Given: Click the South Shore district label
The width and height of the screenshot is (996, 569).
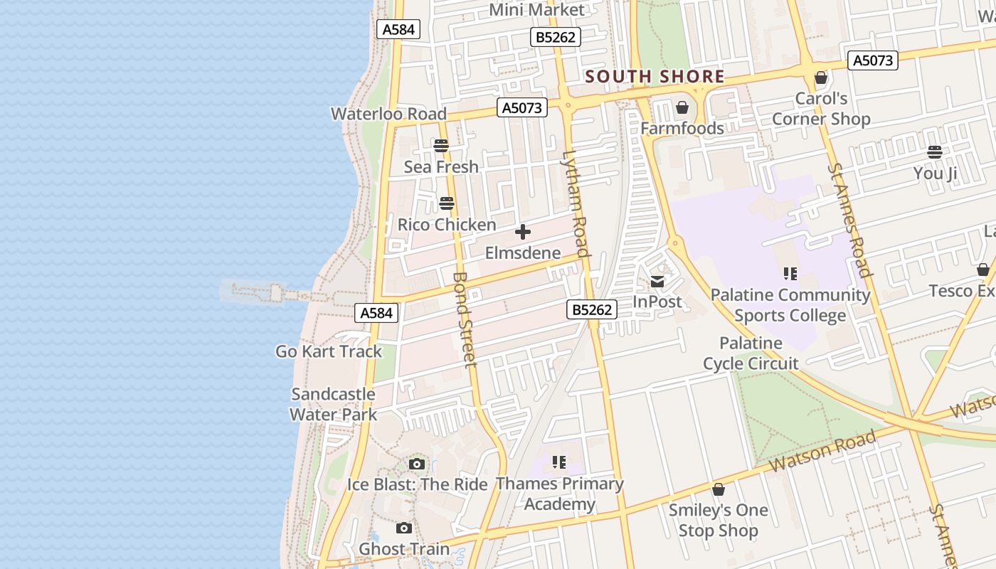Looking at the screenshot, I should pos(655,76).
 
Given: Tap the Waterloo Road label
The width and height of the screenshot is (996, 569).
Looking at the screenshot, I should pos(388,114).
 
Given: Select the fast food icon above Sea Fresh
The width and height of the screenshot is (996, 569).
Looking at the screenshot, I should pos(441,146).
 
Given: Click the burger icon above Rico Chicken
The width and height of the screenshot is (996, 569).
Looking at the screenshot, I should pos(447,203).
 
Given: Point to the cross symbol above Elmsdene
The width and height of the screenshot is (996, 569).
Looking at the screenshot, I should pos(523,232).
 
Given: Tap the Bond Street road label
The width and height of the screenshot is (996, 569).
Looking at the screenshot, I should pos(463,320).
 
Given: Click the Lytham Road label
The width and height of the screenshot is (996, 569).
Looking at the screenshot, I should pos(576,203).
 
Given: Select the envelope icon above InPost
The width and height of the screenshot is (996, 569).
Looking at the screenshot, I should pos(657,282).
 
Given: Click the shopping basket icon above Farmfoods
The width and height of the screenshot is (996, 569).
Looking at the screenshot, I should pos(682,107).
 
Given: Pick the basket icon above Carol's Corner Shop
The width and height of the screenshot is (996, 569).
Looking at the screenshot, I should pos(821,78).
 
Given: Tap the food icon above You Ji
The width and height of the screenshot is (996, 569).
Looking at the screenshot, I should pos(935,152).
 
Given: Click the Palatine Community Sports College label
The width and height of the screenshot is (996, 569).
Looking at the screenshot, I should pos(790,305).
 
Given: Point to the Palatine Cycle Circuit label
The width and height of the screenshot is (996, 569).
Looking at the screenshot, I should pos(751,353).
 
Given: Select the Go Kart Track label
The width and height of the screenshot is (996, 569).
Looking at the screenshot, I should pos(329,351).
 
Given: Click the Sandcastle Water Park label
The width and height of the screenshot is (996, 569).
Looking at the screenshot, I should pos(333,404).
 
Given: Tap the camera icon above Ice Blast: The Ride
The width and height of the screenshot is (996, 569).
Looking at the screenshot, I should pos(417,464).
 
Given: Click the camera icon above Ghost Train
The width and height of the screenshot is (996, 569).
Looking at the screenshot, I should pos(404,528).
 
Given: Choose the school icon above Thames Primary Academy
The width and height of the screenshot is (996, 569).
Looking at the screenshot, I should pos(559,463).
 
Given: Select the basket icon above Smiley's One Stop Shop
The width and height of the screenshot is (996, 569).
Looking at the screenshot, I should pos(719,490).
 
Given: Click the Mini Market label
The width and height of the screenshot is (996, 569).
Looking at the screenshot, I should pos(537,10).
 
